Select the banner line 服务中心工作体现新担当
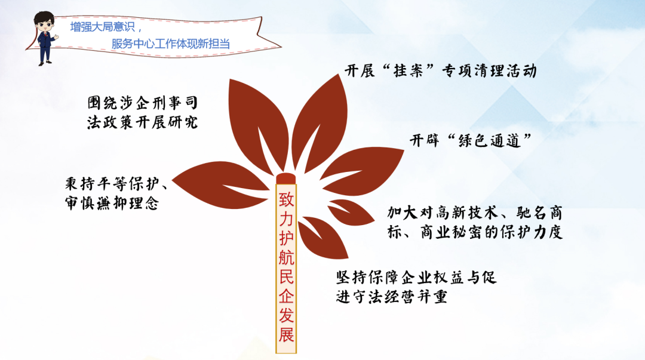pyautogui.click(x=170, y=44)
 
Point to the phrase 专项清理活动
pyautogui.click(x=490, y=71)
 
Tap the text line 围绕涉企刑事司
pyautogui.click(x=143, y=103)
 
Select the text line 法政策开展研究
pyautogui.click(x=142, y=122)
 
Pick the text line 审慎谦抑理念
pyautogui.click(x=112, y=203)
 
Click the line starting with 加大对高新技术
pyautogui.click(x=475, y=213)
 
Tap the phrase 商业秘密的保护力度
pyautogui.click(x=491, y=232)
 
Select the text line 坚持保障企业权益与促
pyautogui.click(x=416, y=277)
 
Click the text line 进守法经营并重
pyautogui.click(x=392, y=296)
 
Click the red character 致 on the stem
pyautogui.click(x=286, y=199)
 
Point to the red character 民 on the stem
pyautogui.click(x=286, y=276)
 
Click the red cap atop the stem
pyautogui.click(x=286, y=179)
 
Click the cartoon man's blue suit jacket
pyautogui.click(x=45, y=41)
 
